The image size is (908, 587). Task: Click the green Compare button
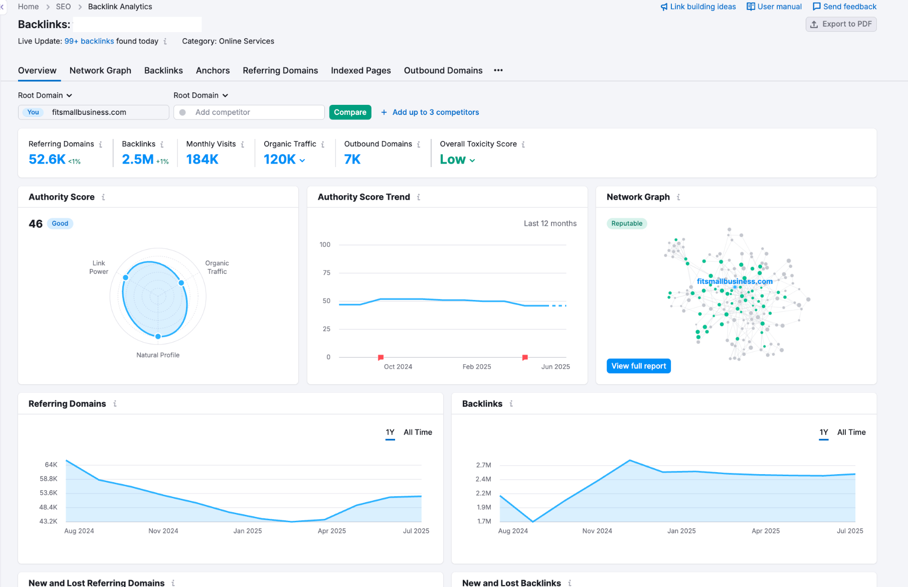pos(350,112)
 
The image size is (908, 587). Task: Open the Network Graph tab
pos(100,71)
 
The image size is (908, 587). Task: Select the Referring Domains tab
pos(280,71)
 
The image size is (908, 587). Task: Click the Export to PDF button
pos(841,24)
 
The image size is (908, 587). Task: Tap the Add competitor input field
pos(249,112)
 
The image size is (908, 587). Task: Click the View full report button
pos(639,366)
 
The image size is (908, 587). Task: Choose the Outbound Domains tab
pos(443,71)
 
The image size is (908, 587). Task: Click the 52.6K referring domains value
pos(47,160)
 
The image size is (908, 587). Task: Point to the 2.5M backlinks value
pos(138,160)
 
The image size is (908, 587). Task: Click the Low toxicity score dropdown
pos(457,160)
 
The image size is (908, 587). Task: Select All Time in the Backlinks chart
pos(851,432)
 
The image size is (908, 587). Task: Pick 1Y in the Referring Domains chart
pos(390,432)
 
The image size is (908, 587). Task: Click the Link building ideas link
pos(698,7)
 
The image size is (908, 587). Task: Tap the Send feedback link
pos(845,7)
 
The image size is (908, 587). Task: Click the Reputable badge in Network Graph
pos(627,224)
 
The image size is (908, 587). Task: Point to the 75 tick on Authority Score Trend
pos(327,273)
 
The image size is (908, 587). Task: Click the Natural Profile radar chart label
pos(158,355)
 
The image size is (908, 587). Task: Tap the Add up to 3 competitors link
pos(430,112)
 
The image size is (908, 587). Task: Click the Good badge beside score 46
pos(60,224)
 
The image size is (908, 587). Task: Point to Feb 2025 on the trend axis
pos(477,367)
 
